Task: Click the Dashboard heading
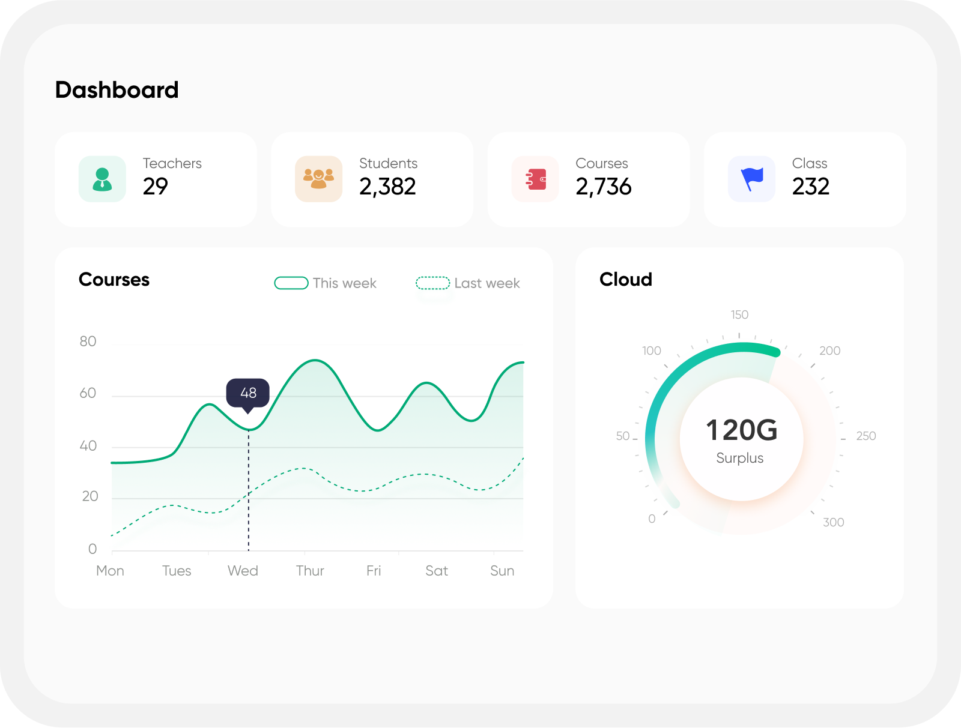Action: [117, 90]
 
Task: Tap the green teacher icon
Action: [102, 179]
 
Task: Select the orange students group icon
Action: [318, 179]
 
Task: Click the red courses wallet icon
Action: [535, 179]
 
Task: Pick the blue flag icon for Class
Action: [751, 179]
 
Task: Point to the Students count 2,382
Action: [387, 187]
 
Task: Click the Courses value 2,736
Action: [604, 187]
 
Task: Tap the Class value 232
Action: [810, 187]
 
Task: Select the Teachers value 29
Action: [155, 187]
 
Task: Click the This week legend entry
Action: [326, 283]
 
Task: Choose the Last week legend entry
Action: [468, 283]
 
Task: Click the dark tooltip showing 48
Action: [248, 393]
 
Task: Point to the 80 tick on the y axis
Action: [88, 341]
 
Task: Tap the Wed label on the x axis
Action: [243, 571]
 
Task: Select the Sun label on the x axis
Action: [502, 571]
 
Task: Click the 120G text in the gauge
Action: [741, 430]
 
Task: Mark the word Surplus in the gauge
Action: [740, 458]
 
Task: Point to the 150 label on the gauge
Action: [739, 314]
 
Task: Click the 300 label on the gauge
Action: [833, 522]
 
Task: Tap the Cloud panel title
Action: [625, 280]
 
